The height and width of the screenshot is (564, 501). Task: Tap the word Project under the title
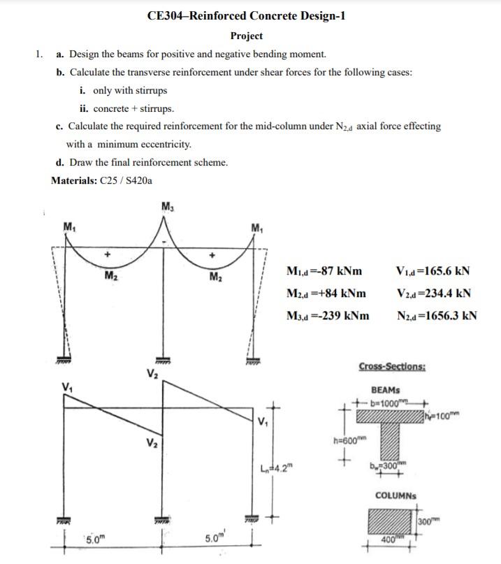point(247,36)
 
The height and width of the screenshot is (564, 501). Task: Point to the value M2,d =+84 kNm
point(326,293)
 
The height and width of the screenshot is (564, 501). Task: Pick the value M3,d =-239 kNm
point(328,315)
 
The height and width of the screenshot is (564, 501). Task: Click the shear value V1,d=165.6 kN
point(432,271)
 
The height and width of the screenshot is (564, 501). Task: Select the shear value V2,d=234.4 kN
point(432,293)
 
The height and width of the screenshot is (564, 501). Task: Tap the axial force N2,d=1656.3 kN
point(434,315)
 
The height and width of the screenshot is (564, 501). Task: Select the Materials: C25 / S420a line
point(103,180)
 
